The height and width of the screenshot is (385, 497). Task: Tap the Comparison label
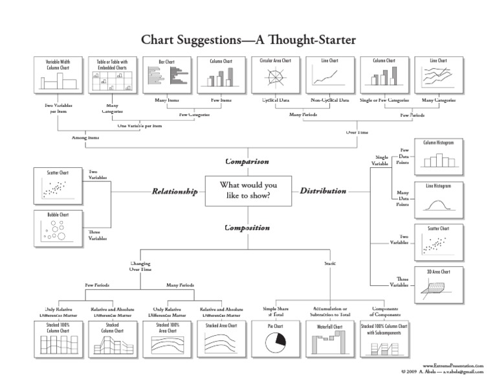pos(247,161)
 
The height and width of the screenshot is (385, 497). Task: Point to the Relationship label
pos(174,191)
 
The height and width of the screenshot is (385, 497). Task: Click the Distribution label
pos(323,191)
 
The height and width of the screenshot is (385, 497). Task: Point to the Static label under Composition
pos(330,263)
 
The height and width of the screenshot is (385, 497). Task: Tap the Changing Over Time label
pos(140,266)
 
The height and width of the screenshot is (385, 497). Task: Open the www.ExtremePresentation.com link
pos(454,366)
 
